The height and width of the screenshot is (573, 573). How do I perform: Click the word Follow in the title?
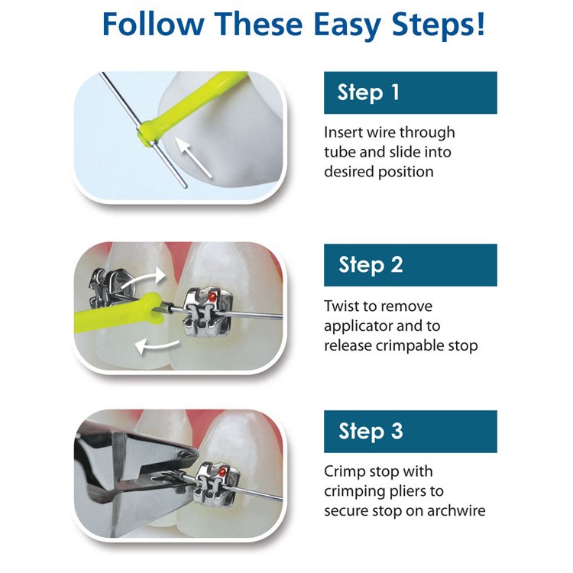pos(153,24)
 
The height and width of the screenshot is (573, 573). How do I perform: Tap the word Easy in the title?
pos(347,26)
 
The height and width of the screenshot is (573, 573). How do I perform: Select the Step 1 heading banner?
pos(410,92)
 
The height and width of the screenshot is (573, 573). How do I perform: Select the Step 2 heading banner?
pos(410,265)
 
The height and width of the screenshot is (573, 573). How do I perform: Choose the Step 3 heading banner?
pos(410,432)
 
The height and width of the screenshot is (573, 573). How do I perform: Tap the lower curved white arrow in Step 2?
pos(157,346)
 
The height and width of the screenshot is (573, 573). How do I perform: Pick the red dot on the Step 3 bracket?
pos(220,473)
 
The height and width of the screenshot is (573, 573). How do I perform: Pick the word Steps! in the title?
pos(439,26)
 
